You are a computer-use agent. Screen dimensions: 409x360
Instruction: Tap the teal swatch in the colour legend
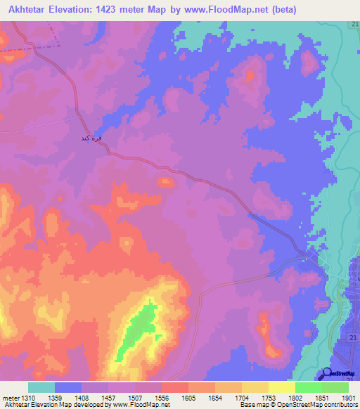(x=41, y=387)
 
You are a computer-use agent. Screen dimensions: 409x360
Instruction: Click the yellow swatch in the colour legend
(x=281, y=387)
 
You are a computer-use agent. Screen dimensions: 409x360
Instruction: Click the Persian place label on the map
(x=92, y=138)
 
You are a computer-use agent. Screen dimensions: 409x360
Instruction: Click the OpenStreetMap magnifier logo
(x=327, y=374)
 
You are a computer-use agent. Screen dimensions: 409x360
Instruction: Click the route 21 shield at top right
(x=354, y=25)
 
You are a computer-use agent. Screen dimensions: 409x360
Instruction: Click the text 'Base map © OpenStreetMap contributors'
(x=298, y=405)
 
